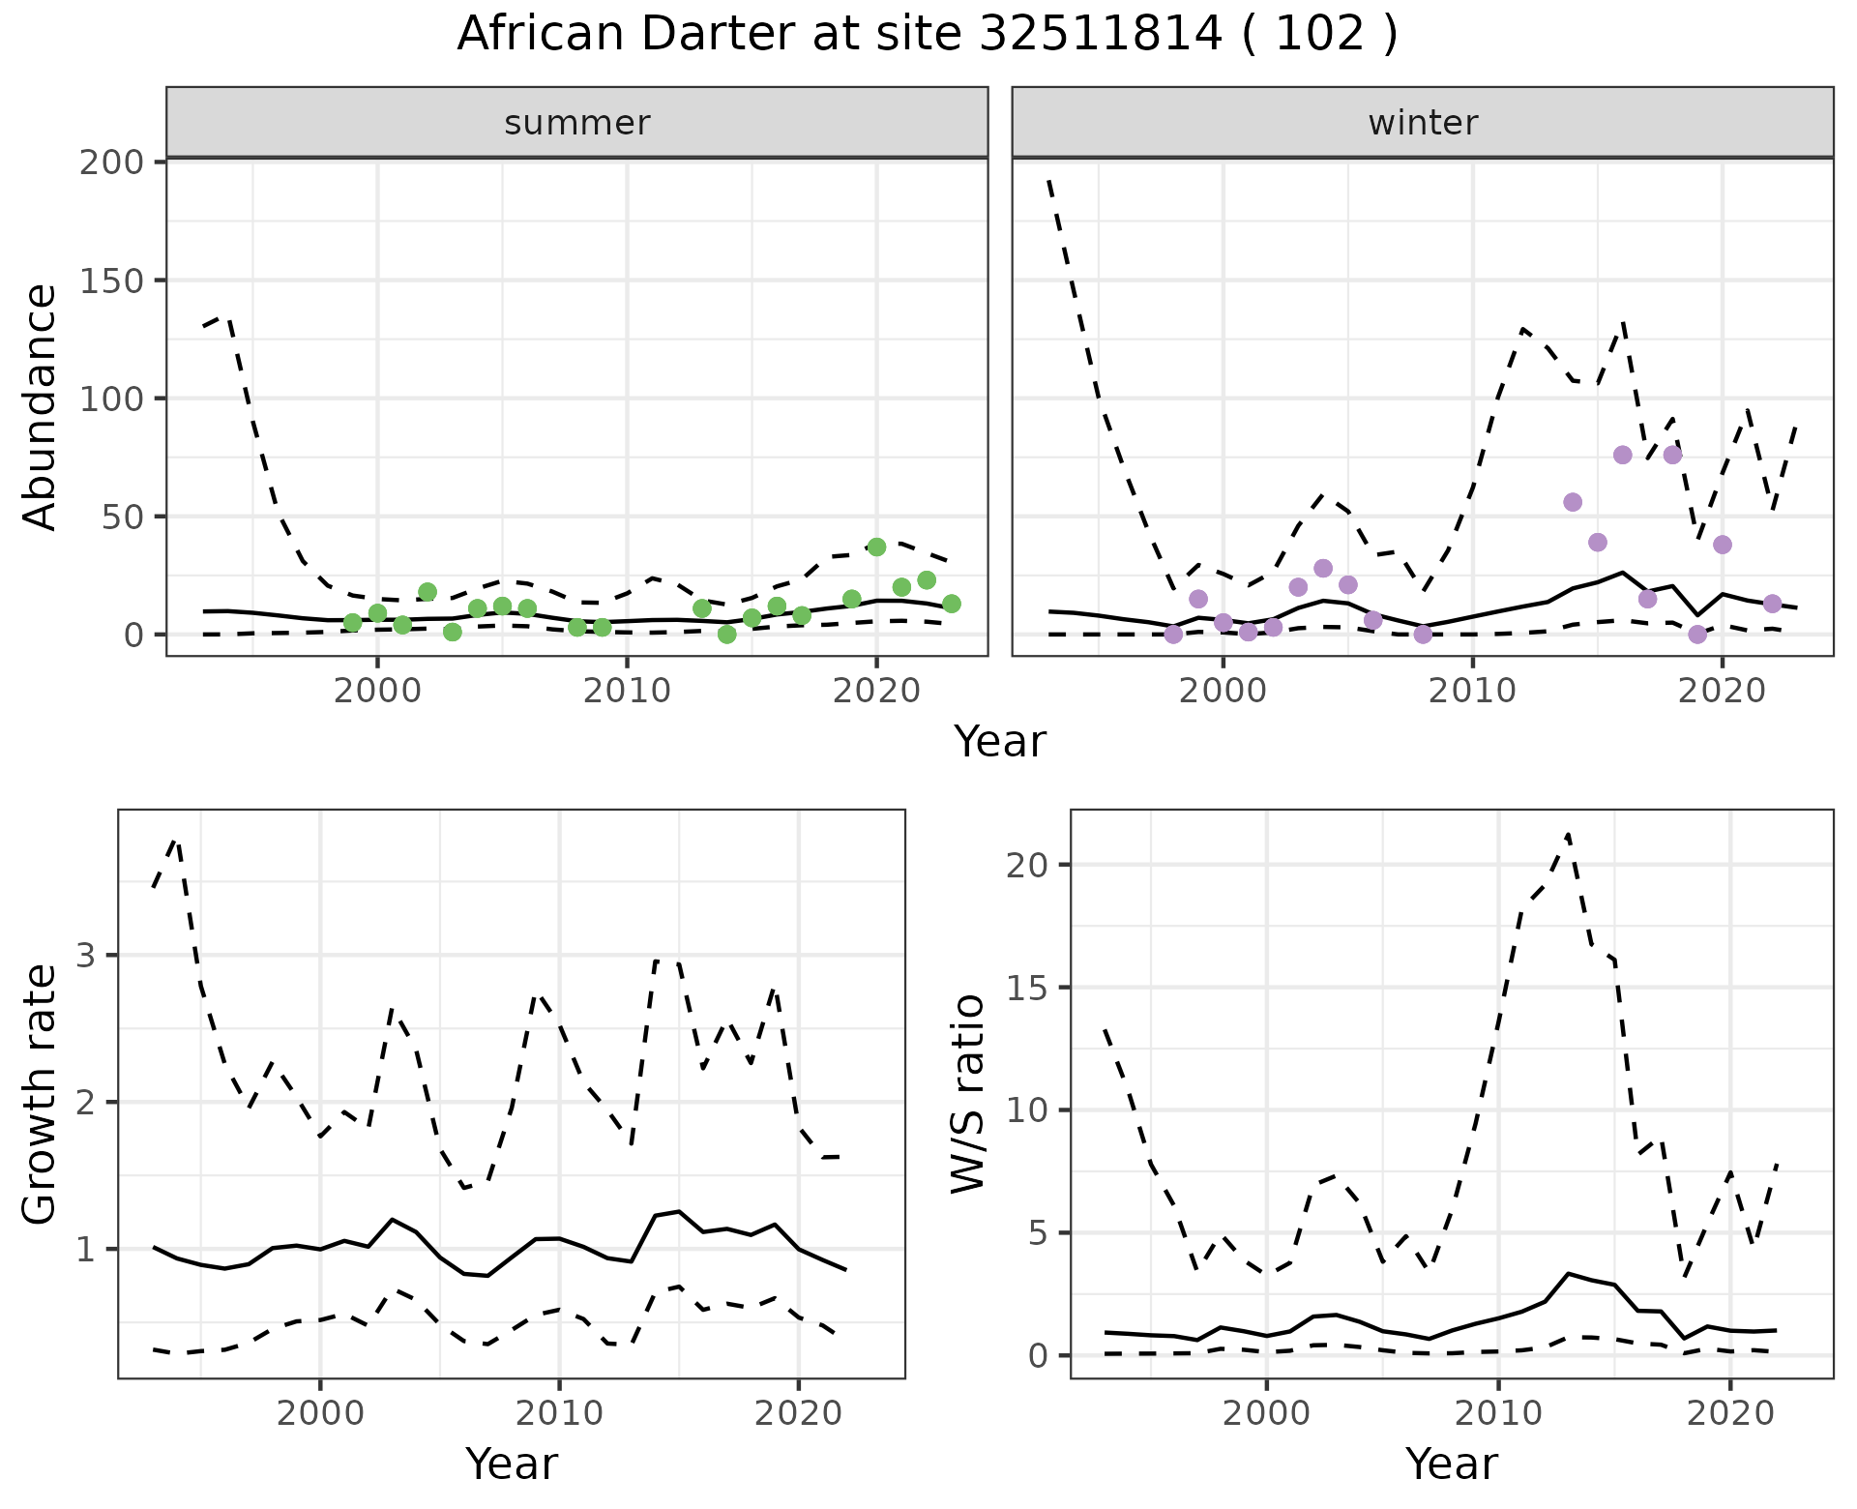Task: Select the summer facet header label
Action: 577,123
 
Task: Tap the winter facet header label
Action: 1423,123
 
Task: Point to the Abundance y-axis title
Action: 40,407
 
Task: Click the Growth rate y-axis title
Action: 40,1094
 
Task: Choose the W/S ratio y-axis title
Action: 967,1094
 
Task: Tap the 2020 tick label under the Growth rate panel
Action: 798,1413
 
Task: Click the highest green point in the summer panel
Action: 876,547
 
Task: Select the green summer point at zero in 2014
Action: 727,635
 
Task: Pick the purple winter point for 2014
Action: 1573,502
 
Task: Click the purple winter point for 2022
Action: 1772,604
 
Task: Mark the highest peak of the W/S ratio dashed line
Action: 1568,834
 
